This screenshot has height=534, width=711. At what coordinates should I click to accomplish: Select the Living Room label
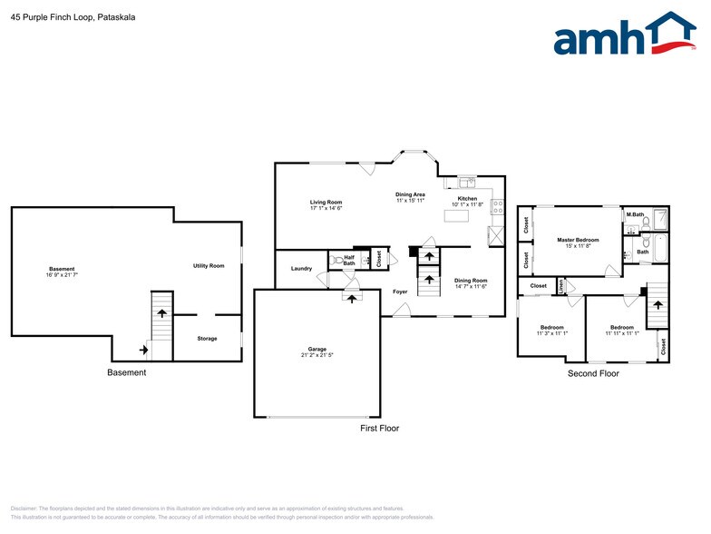[326, 202]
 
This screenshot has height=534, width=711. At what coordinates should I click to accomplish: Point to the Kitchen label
[467, 198]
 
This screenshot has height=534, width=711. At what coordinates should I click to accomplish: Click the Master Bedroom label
[578, 240]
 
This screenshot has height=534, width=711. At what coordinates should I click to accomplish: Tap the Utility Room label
[208, 265]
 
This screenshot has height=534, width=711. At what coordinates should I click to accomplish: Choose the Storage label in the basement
[207, 339]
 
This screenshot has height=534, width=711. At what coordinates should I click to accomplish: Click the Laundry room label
[301, 268]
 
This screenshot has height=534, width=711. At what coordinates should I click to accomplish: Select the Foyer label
[400, 292]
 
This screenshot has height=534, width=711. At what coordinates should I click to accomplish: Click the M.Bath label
[635, 215]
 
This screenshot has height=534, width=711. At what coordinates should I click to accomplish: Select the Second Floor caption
[593, 373]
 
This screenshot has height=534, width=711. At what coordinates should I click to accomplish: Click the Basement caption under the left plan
[126, 372]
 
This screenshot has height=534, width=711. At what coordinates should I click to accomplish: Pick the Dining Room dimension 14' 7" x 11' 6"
[471, 287]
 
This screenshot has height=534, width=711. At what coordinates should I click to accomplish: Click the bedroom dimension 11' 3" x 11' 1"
[551, 333]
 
